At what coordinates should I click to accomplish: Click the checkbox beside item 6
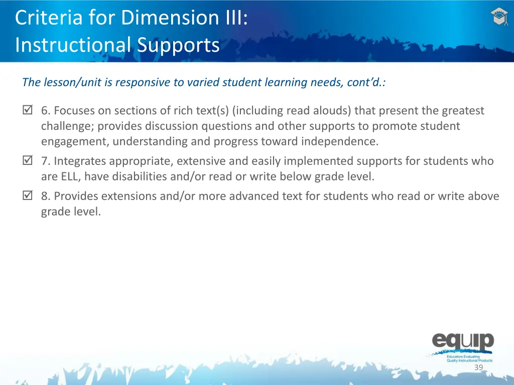point(27,111)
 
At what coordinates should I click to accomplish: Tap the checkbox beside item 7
point(27,161)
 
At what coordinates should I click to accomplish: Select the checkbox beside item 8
point(27,196)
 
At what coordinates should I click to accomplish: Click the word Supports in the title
point(178,45)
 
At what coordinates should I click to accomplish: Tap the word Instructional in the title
point(73,45)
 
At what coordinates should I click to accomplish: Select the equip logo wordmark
point(463,342)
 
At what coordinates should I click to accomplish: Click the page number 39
point(478,367)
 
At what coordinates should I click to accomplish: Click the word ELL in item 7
point(71,176)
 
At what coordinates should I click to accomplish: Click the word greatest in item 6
point(463,110)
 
